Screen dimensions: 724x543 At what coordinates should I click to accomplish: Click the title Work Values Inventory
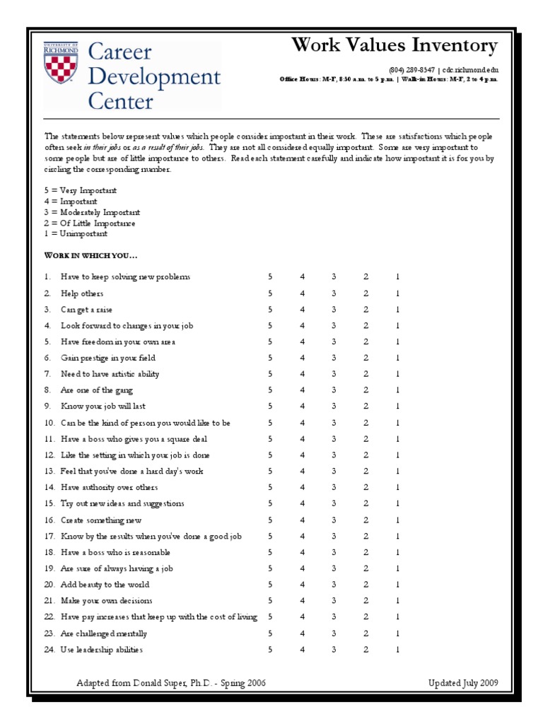click(395, 46)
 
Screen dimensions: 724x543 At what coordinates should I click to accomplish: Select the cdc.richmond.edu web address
click(470, 70)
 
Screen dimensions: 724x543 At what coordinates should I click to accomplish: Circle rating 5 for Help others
click(269, 293)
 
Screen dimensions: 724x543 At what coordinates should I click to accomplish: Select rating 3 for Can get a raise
click(334, 310)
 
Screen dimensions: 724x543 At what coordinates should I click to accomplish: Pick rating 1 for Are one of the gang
click(398, 390)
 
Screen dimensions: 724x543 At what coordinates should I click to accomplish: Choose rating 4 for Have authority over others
click(302, 487)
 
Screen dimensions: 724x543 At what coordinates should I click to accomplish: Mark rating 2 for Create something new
click(366, 520)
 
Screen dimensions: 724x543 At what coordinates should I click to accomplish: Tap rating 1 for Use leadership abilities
click(398, 649)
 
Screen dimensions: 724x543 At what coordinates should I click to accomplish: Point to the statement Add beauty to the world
click(105, 585)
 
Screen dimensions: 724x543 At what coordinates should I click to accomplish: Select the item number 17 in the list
click(49, 536)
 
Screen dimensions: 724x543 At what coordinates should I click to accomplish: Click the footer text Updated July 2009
click(463, 683)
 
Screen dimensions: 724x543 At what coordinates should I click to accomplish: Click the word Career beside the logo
click(119, 53)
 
